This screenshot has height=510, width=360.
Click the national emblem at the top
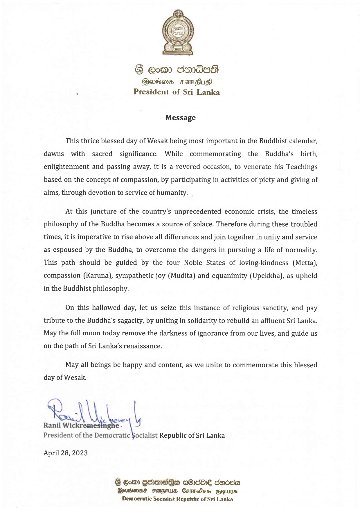pyautogui.click(x=178, y=32)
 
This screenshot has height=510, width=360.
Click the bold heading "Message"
pyautogui.click(x=180, y=118)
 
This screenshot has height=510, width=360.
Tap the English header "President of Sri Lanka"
pyautogui.click(x=177, y=92)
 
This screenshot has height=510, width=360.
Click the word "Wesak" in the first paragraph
pyautogui.click(x=157, y=141)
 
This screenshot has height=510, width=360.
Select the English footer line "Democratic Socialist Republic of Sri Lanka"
pyautogui.click(x=177, y=499)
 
